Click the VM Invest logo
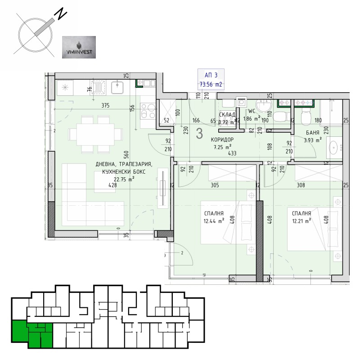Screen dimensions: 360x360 click(78, 47)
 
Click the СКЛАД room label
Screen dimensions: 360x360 click(227, 115)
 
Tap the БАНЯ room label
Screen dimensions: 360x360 click(312, 133)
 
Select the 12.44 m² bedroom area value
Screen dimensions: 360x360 click(214, 220)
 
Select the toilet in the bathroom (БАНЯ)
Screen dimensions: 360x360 click(306, 117)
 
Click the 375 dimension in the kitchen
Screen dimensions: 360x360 click(105, 106)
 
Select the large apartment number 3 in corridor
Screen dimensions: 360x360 click(200, 134)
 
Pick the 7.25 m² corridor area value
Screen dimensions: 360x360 click(223, 147)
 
